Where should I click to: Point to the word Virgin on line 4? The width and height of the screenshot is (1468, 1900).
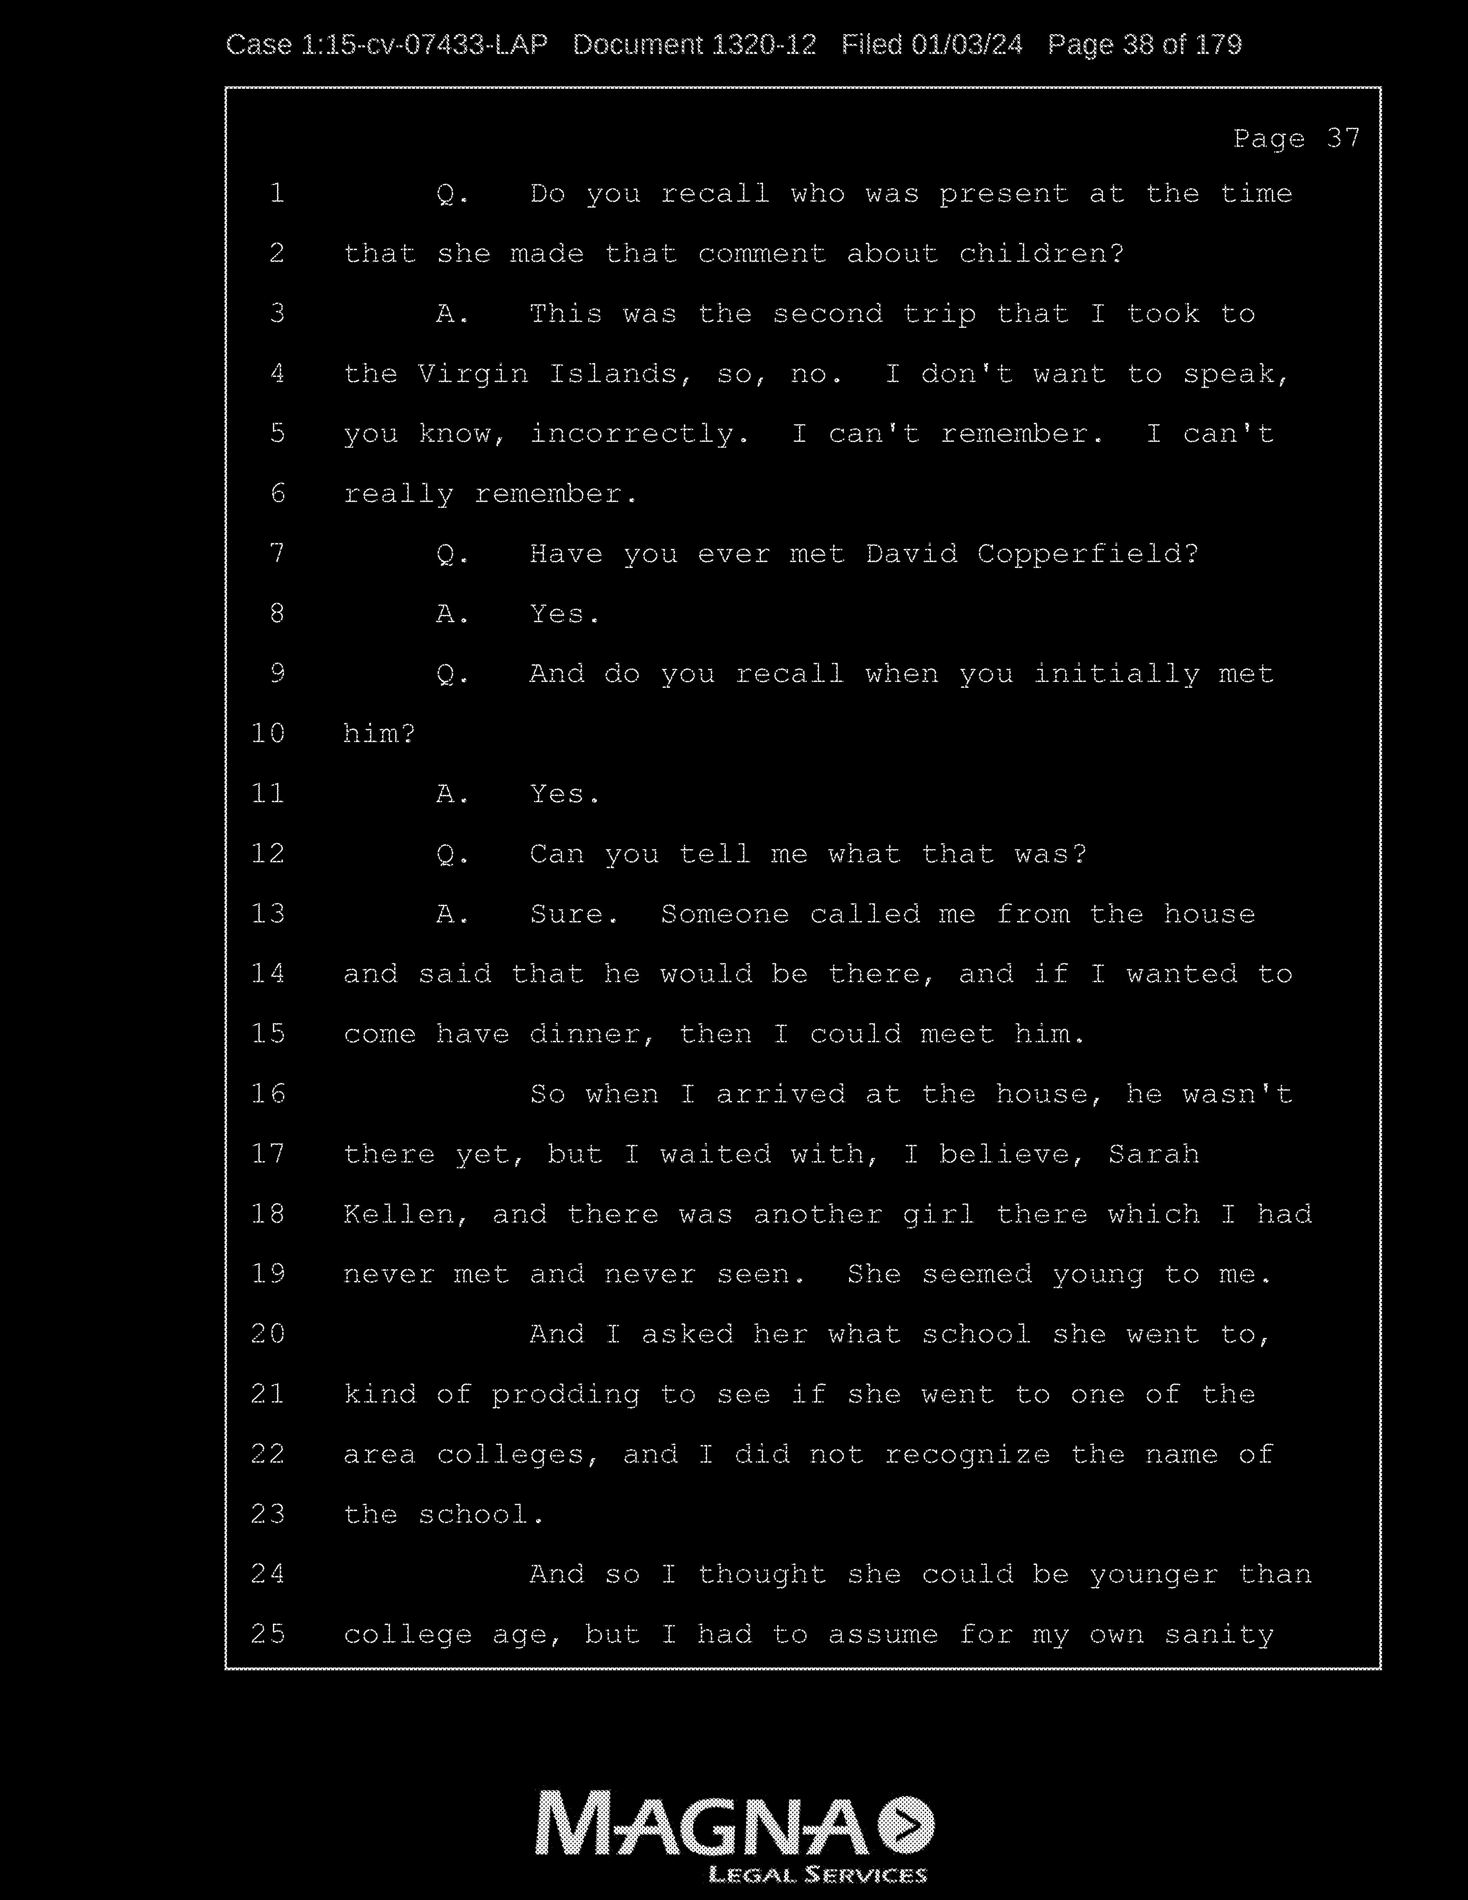tap(472, 374)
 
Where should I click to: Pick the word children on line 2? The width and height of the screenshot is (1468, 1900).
tap(1041, 254)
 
